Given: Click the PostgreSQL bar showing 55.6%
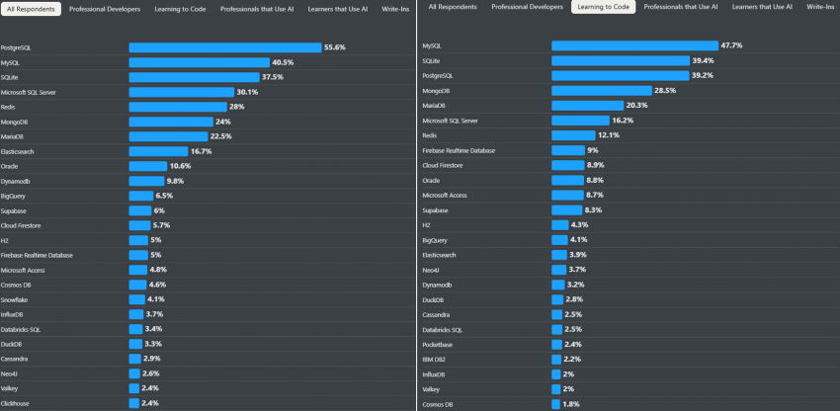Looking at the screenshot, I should [x=224, y=47].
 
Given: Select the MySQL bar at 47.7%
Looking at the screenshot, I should [x=633, y=45].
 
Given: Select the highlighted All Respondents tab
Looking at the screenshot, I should [x=33, y=8].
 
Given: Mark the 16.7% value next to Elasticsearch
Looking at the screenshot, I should [x=202, y=151].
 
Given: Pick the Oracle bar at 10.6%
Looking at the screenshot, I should [x=147, y=166].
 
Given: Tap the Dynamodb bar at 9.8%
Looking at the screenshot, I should [x=145, y=181].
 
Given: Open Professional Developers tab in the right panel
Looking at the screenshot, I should [x=527, y=7].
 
